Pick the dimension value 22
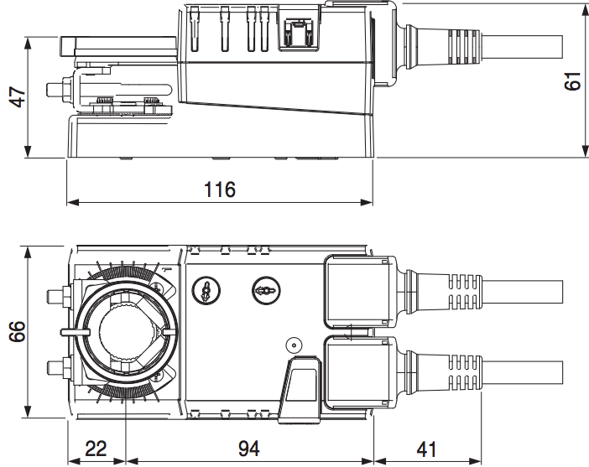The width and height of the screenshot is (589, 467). tap(96, 448)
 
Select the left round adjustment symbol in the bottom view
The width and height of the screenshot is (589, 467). tap(204, 290)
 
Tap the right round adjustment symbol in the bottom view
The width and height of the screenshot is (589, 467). tap(263, 290)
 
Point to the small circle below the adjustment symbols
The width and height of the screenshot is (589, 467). tap(293, 345)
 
